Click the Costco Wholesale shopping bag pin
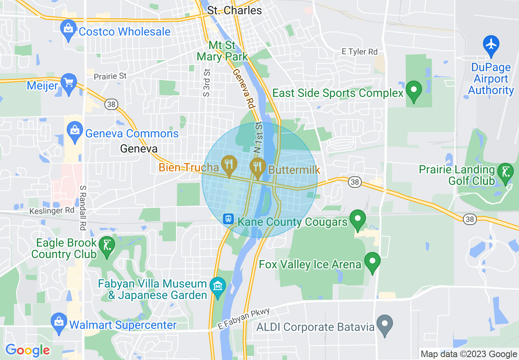(x=68, y=30)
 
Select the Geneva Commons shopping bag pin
(x=75, y=132)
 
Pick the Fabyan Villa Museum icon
(x=217, y=286)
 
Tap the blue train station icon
(x=228, y=219)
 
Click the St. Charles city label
(x=235, y=10)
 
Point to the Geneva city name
(x=139, y=149)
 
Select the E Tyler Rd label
(x=359, y=52)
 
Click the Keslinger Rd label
(x=52, y=211)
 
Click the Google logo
(x=28, y=350)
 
